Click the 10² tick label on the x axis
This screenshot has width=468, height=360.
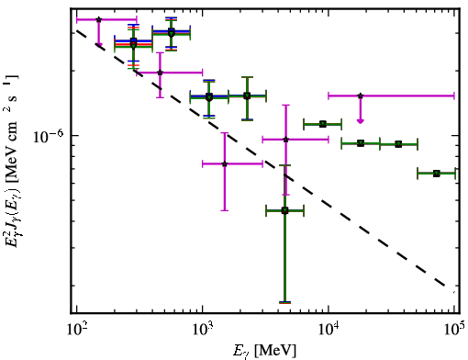pos(76,330)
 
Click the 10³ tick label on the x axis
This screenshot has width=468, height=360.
pos(203,330)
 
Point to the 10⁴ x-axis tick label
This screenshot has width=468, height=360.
pos(329,330)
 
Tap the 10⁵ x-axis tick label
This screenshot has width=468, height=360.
pos(454,330)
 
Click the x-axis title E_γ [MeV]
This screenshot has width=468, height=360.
pos(265,351)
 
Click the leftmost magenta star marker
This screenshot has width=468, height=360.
pos(98,19)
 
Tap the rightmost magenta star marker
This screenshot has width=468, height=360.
pos(361,96)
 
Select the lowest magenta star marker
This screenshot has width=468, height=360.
pos(225,163)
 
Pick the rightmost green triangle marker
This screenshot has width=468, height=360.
pos(437,174)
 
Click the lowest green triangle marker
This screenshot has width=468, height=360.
pos(284,210)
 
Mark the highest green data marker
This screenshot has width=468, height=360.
pos(172,33)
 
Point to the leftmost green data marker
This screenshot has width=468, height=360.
pos(133,45)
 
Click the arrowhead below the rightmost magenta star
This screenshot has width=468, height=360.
pos(361,121)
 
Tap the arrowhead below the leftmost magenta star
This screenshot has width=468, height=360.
pos(98,45)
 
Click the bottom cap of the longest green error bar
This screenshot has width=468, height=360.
pos(284,302)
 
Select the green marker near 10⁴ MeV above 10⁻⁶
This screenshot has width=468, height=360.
pos(323,124)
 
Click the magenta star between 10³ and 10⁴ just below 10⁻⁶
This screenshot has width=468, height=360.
pos(285,140)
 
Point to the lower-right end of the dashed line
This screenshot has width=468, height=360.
pos(454,292)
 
